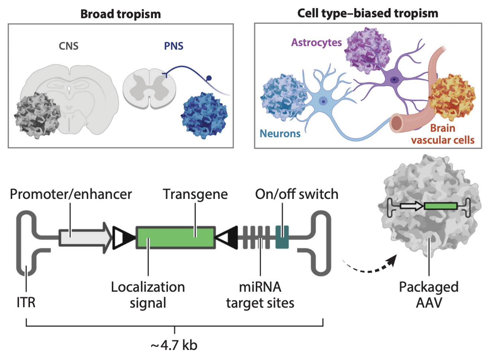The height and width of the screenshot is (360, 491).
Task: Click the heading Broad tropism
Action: click(121, 14)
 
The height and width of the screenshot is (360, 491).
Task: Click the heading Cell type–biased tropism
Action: click(368, 13)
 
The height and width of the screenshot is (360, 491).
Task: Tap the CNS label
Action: click(69, 46)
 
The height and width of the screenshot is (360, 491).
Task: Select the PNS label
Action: click(173, 46)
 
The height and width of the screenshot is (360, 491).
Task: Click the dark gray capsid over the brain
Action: click(37, 115)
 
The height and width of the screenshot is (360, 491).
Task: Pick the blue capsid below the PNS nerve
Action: click(204, 116)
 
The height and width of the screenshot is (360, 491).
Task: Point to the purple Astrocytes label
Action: click(316, 43)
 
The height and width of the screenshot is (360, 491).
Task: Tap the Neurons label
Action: click(280, 134)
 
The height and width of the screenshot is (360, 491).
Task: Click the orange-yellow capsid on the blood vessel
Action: click(451, 97)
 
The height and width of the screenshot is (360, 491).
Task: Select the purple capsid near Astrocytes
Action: click(367, 50)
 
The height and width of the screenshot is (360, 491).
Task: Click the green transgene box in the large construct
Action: click(175, 238)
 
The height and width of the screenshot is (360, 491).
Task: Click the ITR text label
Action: click(26, 302)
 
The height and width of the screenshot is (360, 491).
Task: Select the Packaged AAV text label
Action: click(429, 295)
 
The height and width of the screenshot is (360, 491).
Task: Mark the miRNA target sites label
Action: click(260, 295)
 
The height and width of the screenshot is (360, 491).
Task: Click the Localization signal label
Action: click(148, 295)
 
